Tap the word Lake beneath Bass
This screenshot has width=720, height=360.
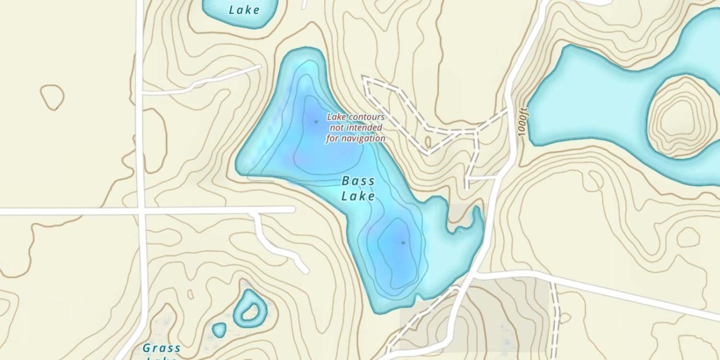358,196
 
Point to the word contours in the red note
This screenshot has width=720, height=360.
367,117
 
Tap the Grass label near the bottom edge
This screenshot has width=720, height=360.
162,348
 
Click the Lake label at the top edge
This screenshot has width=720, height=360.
244,10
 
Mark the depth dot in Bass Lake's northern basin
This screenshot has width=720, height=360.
316,121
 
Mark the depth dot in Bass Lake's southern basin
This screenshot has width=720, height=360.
403,243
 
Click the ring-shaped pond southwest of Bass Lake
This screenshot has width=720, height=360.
249,307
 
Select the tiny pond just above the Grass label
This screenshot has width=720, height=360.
219,330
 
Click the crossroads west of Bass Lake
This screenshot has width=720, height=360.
141,210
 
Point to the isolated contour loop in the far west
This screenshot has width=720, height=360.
52,97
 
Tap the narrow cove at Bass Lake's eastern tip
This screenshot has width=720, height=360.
476,216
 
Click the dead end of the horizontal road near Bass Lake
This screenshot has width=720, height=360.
293,210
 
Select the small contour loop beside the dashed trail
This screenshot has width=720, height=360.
428,142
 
